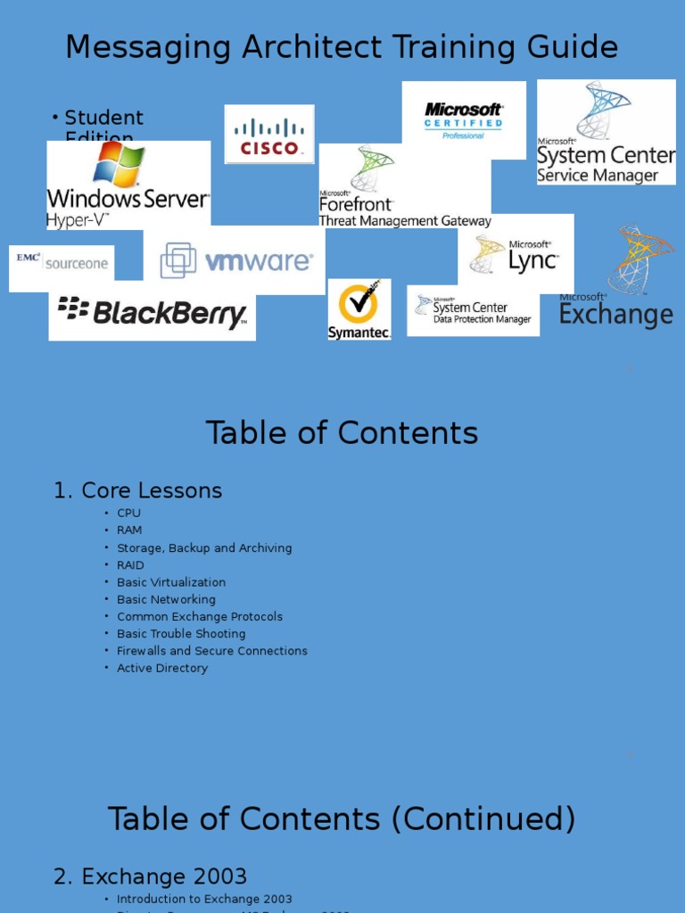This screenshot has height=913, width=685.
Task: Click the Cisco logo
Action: point(269,135)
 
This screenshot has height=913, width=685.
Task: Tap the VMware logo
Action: point(235,260)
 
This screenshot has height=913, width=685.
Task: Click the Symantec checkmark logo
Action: point(359,308)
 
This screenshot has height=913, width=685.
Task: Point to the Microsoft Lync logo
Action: point(516,255)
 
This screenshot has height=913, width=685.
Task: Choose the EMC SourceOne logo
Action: point(62,264)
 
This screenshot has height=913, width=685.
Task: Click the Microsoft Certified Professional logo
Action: point(464,120)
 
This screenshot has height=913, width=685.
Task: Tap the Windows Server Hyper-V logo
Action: point(128,185)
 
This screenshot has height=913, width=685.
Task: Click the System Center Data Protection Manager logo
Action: point(474,310)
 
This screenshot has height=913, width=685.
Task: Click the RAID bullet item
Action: point(130,565)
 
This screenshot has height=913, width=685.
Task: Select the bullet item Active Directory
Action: point(162,668)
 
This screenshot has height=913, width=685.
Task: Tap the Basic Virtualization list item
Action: point(171,582)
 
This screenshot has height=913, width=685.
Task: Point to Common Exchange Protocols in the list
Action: point(200,617)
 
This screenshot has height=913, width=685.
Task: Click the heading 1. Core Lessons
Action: point(138,490)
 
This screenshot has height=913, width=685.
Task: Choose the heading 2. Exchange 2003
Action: point(151,876)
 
